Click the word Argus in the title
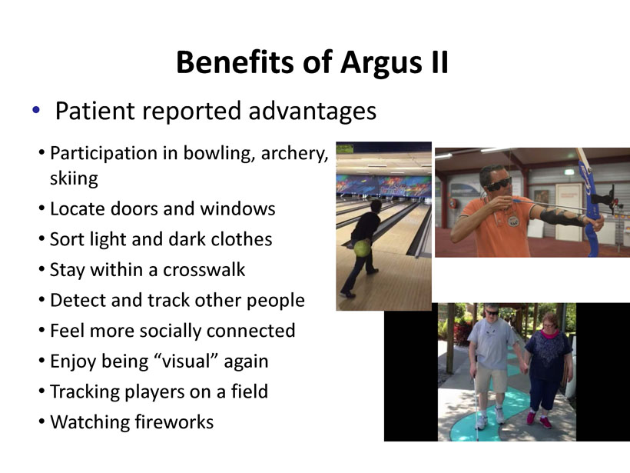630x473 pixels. [381, 63]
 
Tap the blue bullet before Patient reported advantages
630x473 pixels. [36, 109]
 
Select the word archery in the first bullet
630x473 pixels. [294, 154]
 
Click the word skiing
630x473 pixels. [74, 178]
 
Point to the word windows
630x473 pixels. [237, 208]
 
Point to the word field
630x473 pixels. [249, 391]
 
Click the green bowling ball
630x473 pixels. [362, 248]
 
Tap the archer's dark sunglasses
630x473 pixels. [499, 184]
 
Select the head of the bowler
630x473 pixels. [375, 206]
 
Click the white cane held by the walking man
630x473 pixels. [476, 407]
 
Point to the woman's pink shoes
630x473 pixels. [538, 419]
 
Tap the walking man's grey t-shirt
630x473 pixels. [490, 343]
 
